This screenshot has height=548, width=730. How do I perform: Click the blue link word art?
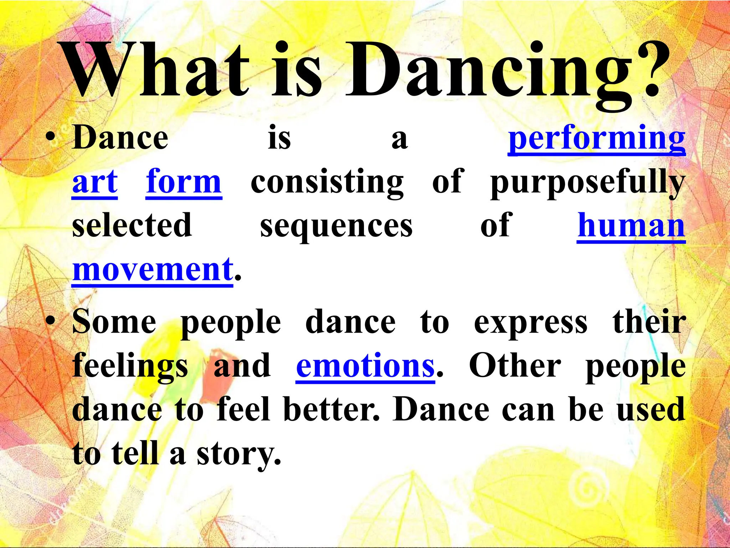[x=95, y=182]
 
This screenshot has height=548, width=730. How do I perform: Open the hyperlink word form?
[x=184, y=182]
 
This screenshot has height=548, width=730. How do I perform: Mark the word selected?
[x=132, y=225]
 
